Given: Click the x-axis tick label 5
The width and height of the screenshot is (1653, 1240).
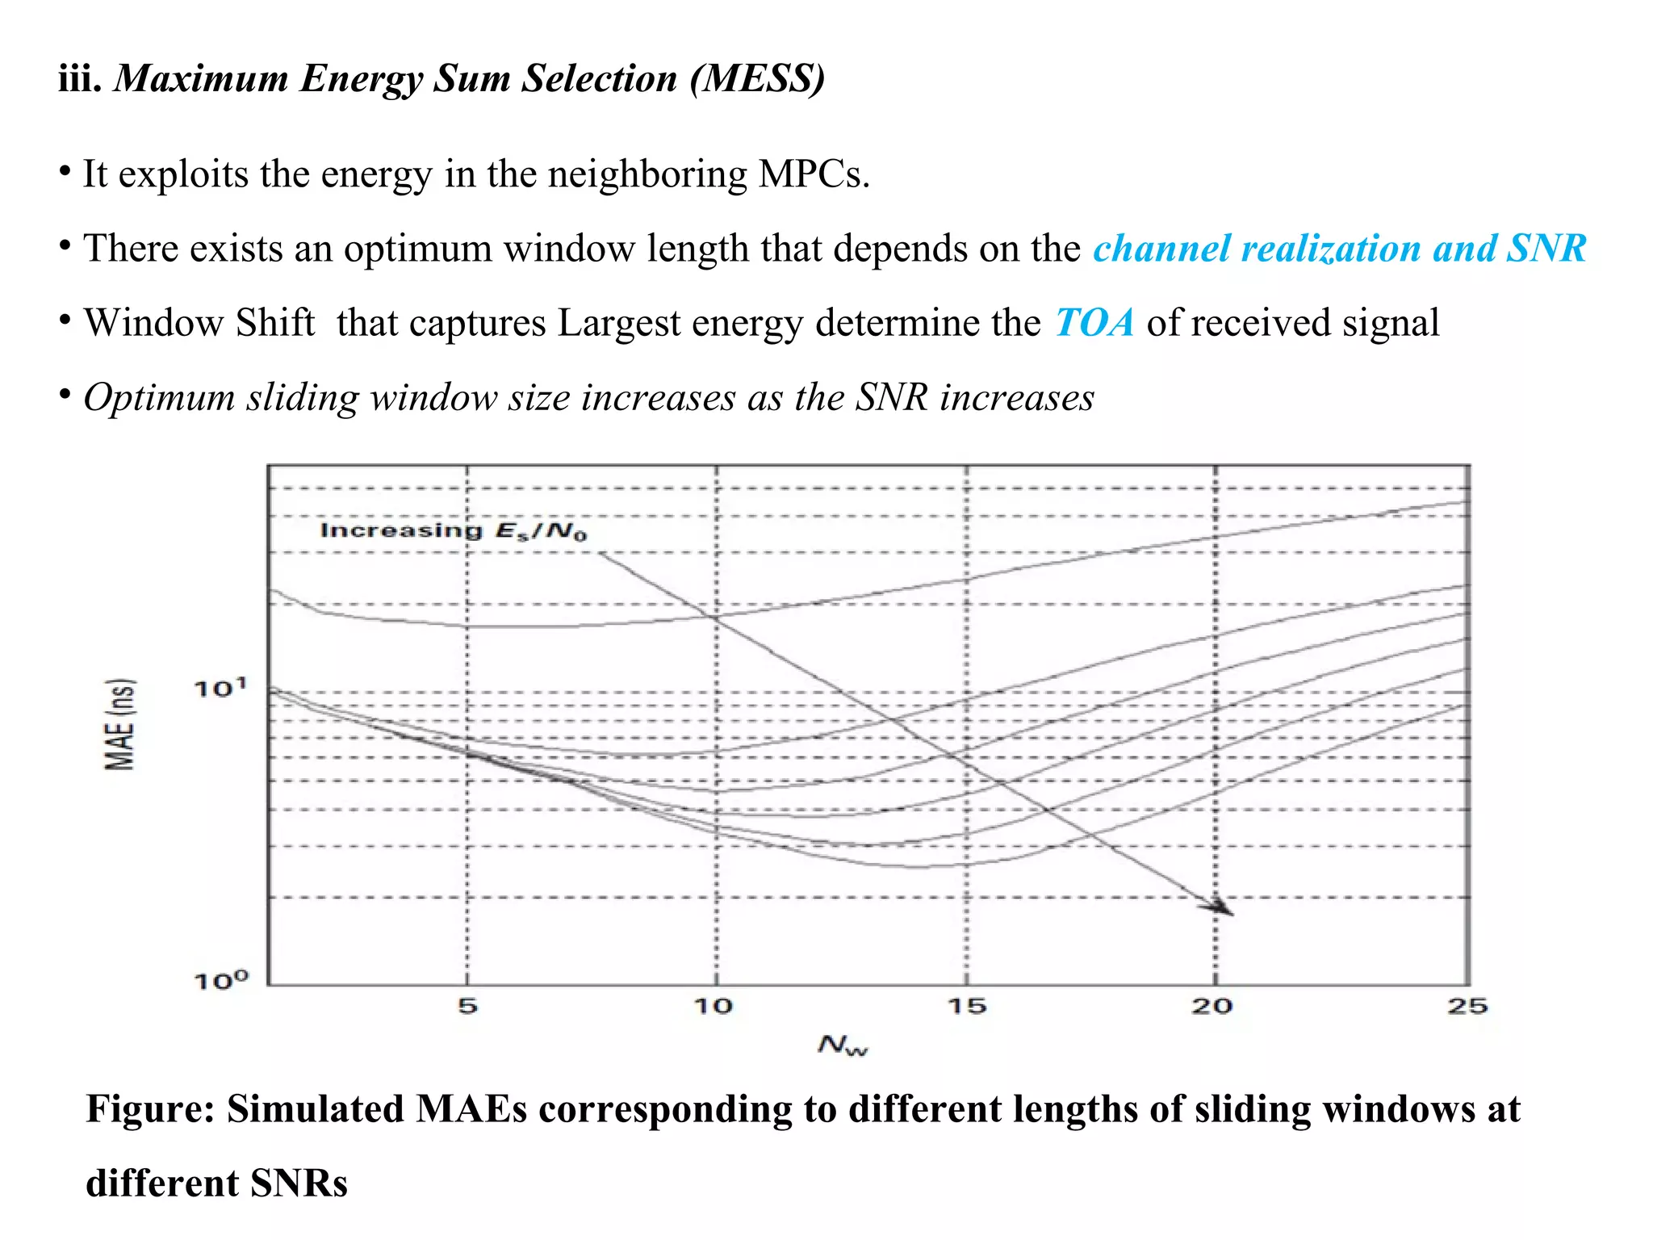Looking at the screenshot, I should coord(468,1006).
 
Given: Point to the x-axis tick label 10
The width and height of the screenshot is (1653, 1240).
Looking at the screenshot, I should coord(714,1006).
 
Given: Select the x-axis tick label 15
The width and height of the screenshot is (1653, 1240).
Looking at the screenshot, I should coord(967,1006).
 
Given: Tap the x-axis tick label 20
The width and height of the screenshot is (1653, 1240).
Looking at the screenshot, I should coord(1212,1006).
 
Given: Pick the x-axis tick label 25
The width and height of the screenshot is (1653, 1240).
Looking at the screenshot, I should coord(1467,1006).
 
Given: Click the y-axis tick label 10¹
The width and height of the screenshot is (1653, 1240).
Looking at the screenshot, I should coord(220,689).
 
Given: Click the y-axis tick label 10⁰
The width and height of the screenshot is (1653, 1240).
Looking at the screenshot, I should coord(220,981).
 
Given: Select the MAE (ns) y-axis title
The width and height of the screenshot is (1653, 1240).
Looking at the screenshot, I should coord(120,724).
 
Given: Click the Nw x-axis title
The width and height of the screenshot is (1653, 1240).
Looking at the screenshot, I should coord(843,1045).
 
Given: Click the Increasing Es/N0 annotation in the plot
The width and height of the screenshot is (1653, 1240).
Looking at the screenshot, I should coord(454,530).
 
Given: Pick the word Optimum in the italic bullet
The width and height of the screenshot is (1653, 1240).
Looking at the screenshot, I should coord(158,398).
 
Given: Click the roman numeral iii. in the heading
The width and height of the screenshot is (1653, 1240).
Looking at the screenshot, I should coord(79,78).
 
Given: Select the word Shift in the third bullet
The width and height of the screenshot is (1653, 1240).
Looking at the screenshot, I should coord(274,323).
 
